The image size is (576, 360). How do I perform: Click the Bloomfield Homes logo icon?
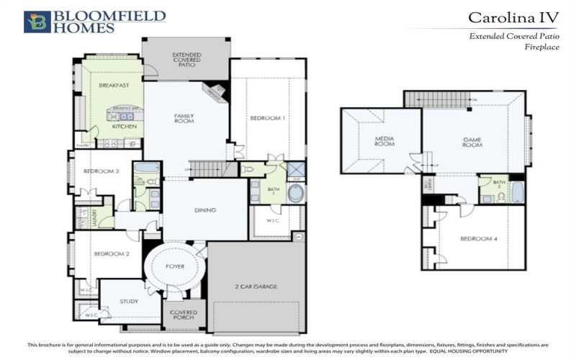37,22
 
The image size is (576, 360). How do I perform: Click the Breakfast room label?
114,85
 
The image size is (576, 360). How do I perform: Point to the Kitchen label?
124,127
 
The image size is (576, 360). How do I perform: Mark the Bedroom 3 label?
101,171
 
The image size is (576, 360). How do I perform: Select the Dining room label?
205,210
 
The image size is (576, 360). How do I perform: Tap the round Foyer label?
176,266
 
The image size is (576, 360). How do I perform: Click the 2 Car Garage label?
256,287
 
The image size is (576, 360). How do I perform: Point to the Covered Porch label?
184,316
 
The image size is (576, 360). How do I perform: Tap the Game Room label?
472,140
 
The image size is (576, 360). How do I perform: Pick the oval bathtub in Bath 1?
295,193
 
